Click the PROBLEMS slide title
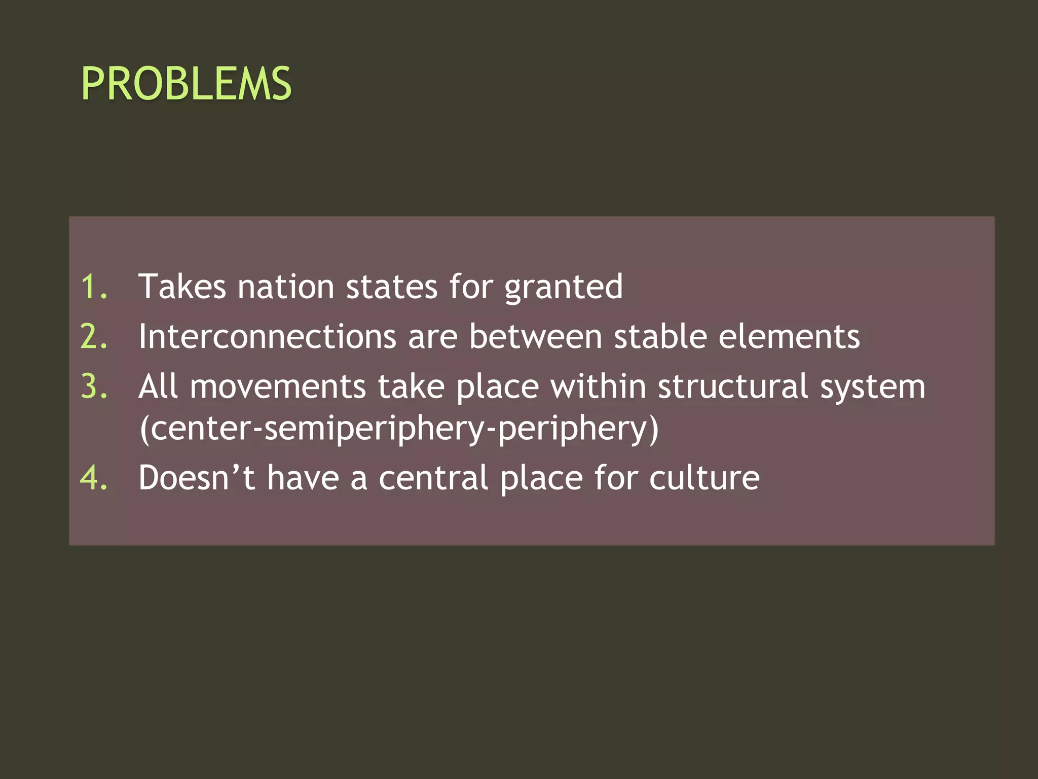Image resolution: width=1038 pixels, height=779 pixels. coord(186,84)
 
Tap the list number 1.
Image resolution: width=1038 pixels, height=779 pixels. coord(94,287)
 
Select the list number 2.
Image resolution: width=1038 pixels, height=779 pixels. coord(94,337)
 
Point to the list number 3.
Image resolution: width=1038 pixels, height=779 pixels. coord(94,387)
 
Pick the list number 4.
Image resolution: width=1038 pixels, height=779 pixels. coord(94,478)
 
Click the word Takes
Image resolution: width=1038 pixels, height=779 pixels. coord(182,287)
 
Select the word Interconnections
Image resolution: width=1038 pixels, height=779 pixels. coord(267,337)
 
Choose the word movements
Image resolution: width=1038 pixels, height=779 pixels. coord(278,387)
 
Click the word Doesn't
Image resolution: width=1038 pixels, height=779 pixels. coord(197,478)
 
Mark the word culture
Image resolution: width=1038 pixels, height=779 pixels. coord(704,478)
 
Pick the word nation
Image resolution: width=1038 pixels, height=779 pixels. coord(286,287)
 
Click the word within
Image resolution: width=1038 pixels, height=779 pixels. coord(598,387)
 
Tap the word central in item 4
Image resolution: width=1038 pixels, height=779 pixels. coord(433,478)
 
